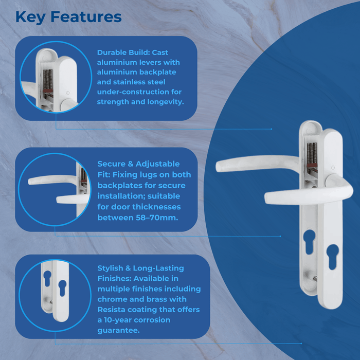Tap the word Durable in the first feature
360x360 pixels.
112,52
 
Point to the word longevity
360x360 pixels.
164,101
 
